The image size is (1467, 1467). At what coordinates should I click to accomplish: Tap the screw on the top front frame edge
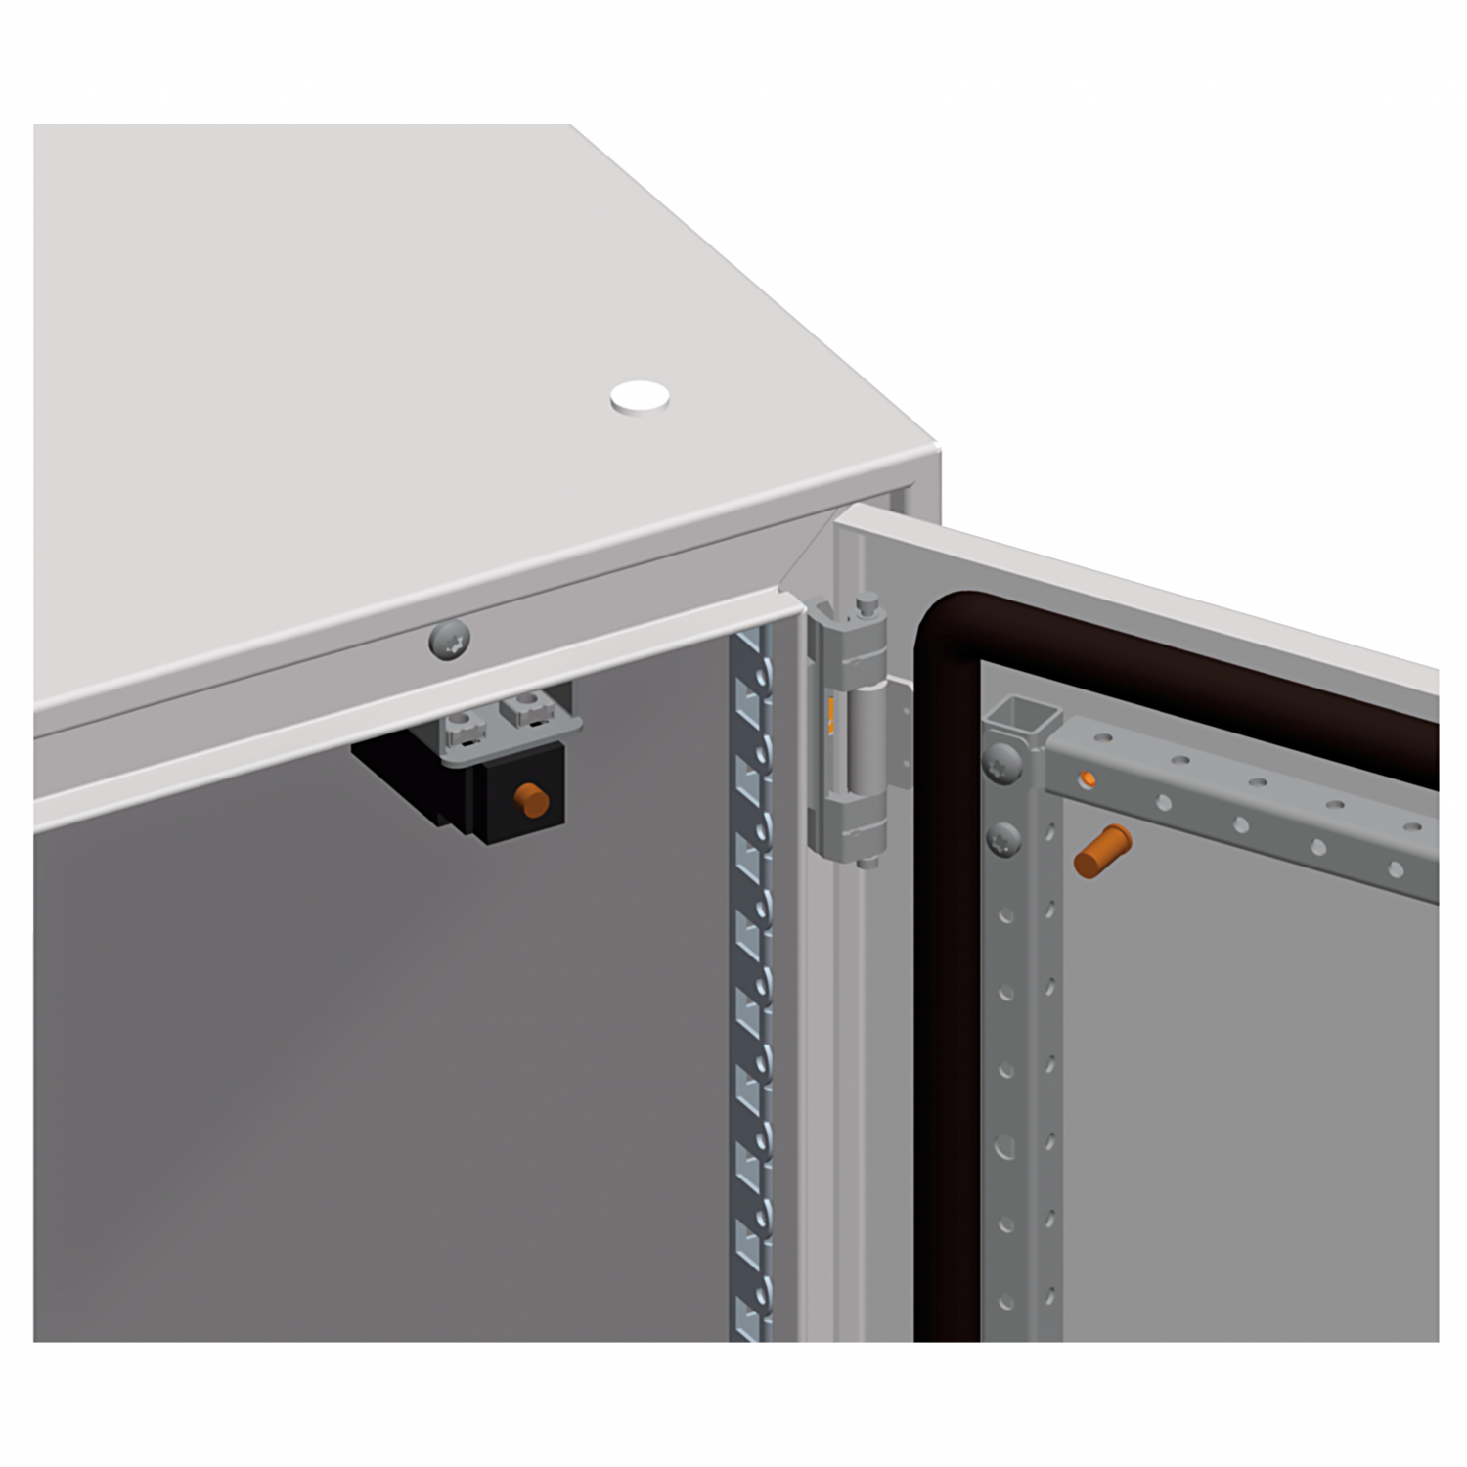449,640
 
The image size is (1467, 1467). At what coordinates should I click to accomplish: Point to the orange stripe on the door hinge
830,719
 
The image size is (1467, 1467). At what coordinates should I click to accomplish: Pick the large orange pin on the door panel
1101,849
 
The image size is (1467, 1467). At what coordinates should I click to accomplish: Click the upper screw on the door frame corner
1003,759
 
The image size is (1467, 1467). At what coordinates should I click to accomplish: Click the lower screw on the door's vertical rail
1003,838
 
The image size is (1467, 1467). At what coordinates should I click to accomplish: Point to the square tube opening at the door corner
1023,720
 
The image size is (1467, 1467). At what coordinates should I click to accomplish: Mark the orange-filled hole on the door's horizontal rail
1087,778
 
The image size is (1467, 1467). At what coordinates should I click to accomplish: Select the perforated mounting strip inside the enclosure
751,978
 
